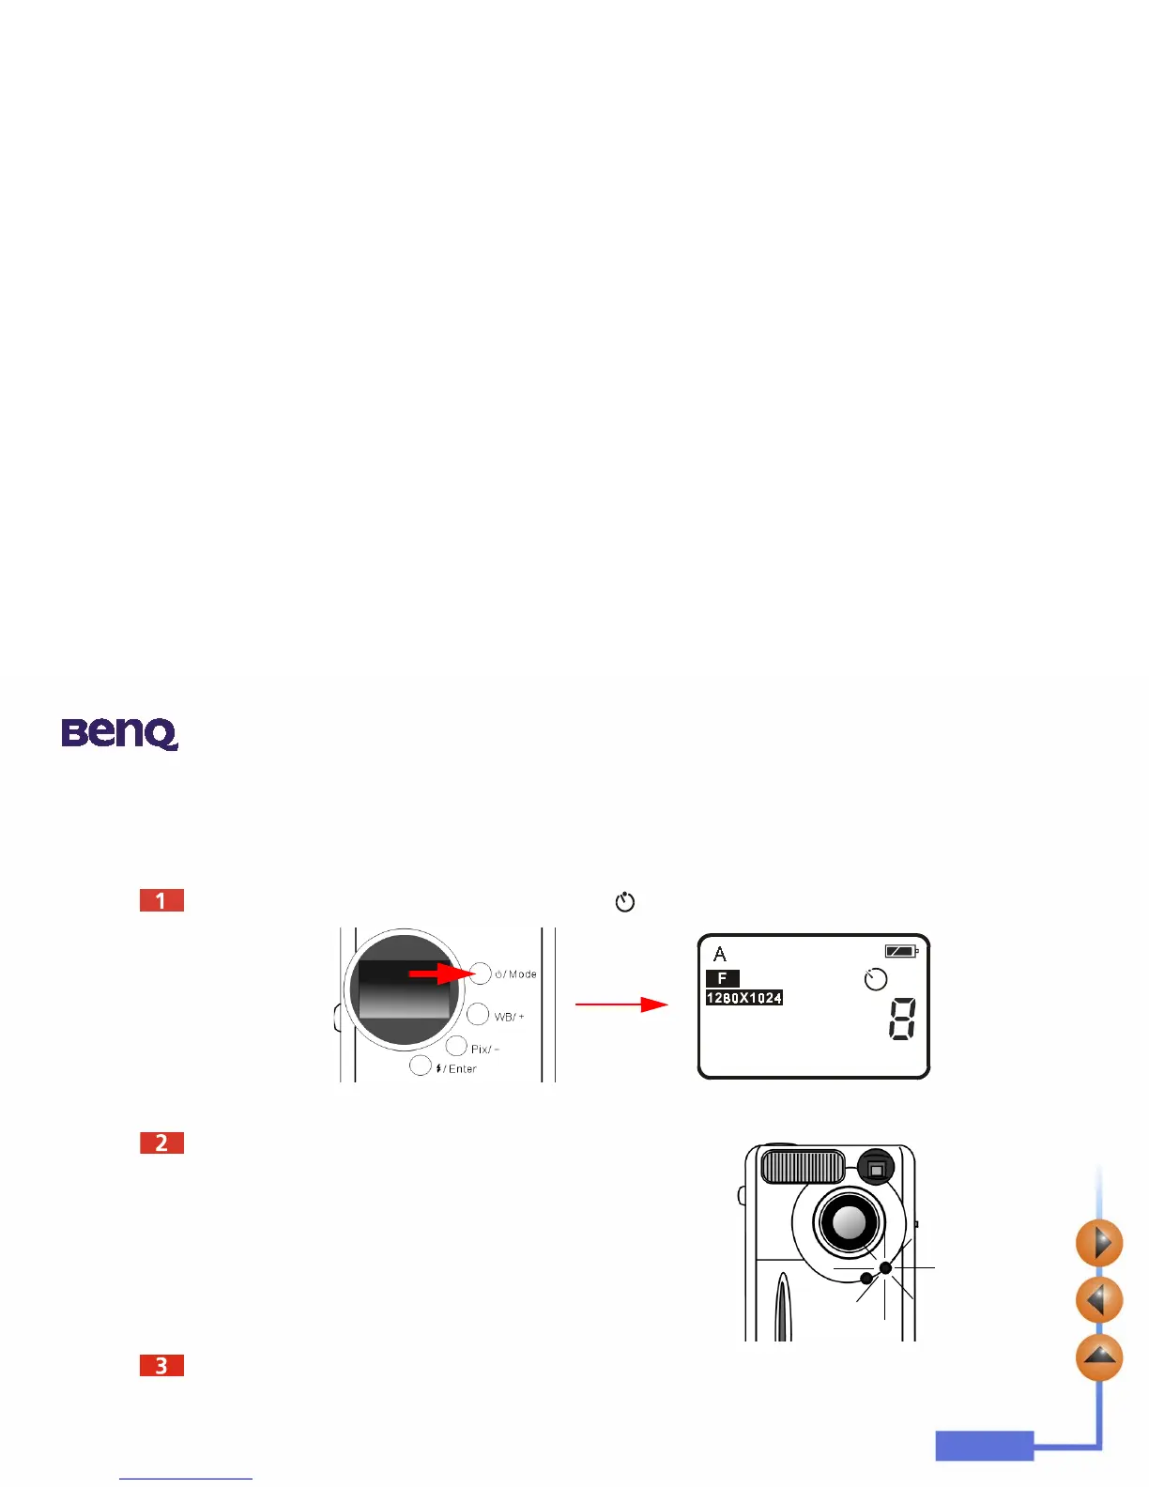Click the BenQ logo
click(119, 733)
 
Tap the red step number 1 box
click(161, 900)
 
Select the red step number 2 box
click(161, 1142)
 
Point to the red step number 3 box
click(161, 1365)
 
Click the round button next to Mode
click(481, 973)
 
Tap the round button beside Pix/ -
click(456, 1046)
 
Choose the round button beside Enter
click(421, 1065)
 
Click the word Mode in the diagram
click(522, 974)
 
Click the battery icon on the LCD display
click(900, 952)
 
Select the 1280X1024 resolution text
click(743, 998)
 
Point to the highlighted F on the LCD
click(722, 978)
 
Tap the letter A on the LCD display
click(720, 955)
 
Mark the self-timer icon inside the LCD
click(875, 979)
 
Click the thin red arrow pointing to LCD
click(621, 1004)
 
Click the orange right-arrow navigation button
click(1099, 1243)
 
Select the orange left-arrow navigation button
click(1099, 1300)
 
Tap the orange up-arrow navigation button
click(1099, 1357)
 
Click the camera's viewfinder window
click(876, 1169)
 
